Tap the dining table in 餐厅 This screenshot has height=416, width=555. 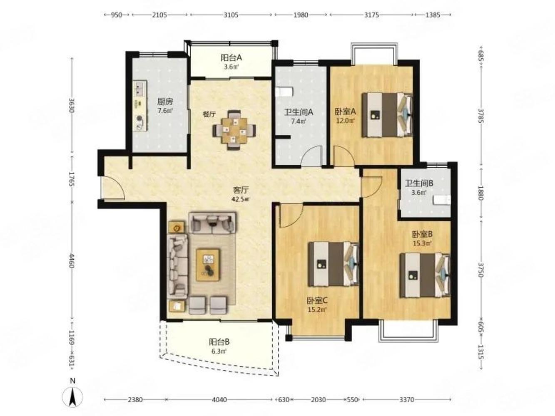(x=234, y=130)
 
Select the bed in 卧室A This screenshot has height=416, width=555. (x=387, y=115)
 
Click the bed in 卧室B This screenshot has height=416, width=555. (x=425, y=275)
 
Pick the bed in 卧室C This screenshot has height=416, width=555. (x=333, y=264)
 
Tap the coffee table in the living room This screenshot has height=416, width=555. (x=208, y=265)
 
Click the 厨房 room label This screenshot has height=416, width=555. (x=165, y=102)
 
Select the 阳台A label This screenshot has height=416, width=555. (x=231, y=58)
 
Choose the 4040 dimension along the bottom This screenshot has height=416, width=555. (x=219, y=400)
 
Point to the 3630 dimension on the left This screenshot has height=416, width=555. (x=72, y=105)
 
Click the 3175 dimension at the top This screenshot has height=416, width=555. (x=371, y=15)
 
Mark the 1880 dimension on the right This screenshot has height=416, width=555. (x=480, y=193)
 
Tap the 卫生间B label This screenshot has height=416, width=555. (x=419, y=183)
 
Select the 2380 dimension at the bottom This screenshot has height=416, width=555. (x=135, y=400)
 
